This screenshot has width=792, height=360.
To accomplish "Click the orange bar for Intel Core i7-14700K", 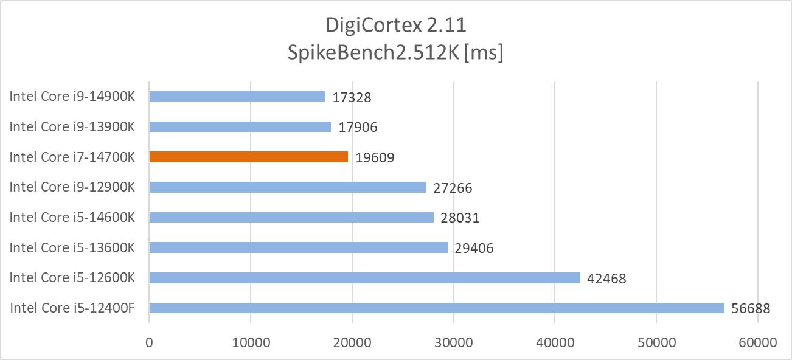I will coord(248,157).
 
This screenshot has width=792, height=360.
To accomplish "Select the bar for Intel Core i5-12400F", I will coord(437,308).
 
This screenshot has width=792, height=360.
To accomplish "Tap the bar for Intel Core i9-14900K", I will coord(237,97).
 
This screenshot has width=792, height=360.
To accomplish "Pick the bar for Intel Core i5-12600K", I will coord(364,277).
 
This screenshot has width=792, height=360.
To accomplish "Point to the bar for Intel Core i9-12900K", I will coord(287,187).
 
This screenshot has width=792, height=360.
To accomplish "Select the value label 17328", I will coord(352,97).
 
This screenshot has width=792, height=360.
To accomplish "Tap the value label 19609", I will coord(375,157).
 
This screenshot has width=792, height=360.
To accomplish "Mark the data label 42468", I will coord(606,279).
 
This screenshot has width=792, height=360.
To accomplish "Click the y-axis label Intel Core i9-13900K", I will coord(72,126).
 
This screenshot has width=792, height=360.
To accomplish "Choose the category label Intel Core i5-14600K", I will coord(72,217).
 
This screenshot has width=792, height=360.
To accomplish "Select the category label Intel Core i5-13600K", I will coord(72,247).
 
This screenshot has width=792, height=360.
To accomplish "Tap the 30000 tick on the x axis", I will coord(453,342).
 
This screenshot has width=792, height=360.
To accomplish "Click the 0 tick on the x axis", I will coord(149,342).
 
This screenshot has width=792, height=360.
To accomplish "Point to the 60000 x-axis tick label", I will coord(757,342).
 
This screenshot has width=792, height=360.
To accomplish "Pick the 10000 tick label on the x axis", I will coord(251,342).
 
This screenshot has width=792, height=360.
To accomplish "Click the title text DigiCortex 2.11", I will coord(396,26).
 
